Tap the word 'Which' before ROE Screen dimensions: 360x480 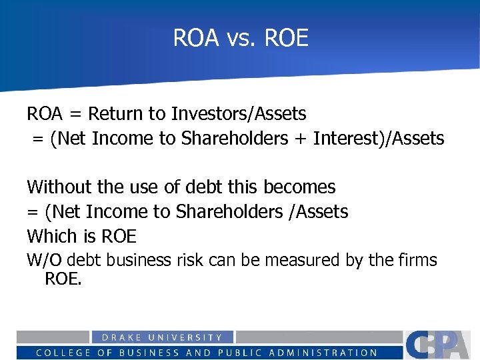point(51,236)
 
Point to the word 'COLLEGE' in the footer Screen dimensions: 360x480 point(65,353)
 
